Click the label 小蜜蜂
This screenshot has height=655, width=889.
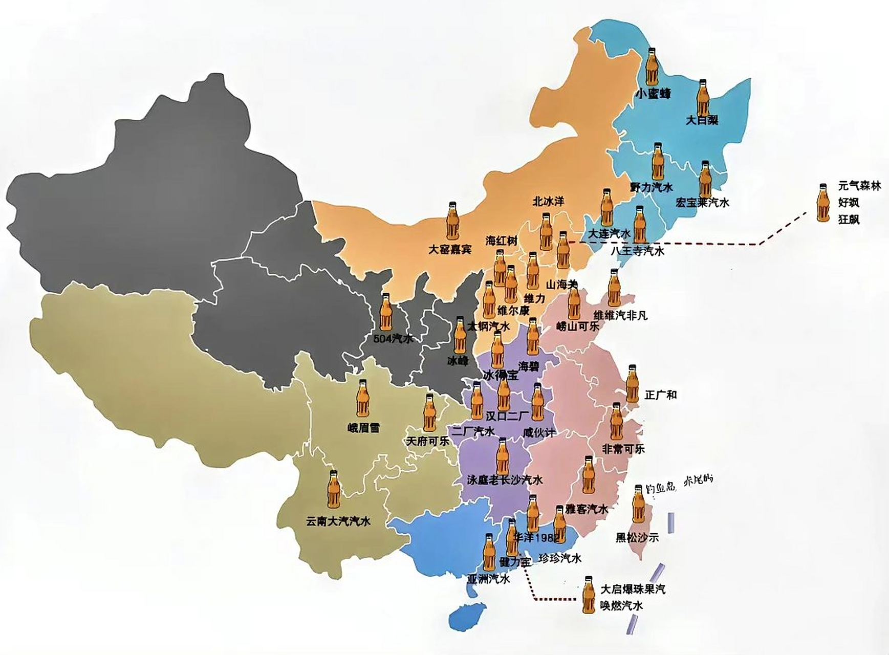point(653,94)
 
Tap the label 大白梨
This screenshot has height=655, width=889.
point(702,120)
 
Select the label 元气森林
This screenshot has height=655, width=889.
point(859,186)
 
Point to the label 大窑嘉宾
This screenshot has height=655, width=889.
point(450,250)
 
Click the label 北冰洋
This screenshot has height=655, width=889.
point(548,202)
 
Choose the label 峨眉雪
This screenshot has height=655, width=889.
point(363,428)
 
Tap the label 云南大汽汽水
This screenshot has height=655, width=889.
point(338,522)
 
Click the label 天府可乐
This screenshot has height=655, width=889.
point(427,441)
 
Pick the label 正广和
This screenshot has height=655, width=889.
point(661,395)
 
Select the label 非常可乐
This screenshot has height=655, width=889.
point(623,449)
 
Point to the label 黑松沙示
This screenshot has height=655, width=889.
point(637,537)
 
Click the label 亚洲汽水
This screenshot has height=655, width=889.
point(488,579)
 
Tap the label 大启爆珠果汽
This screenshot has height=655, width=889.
point(633,589)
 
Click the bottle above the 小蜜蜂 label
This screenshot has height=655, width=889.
point(652,67)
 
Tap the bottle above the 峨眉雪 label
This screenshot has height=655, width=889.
point(363,400)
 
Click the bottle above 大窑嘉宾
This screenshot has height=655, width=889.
point(452,221)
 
